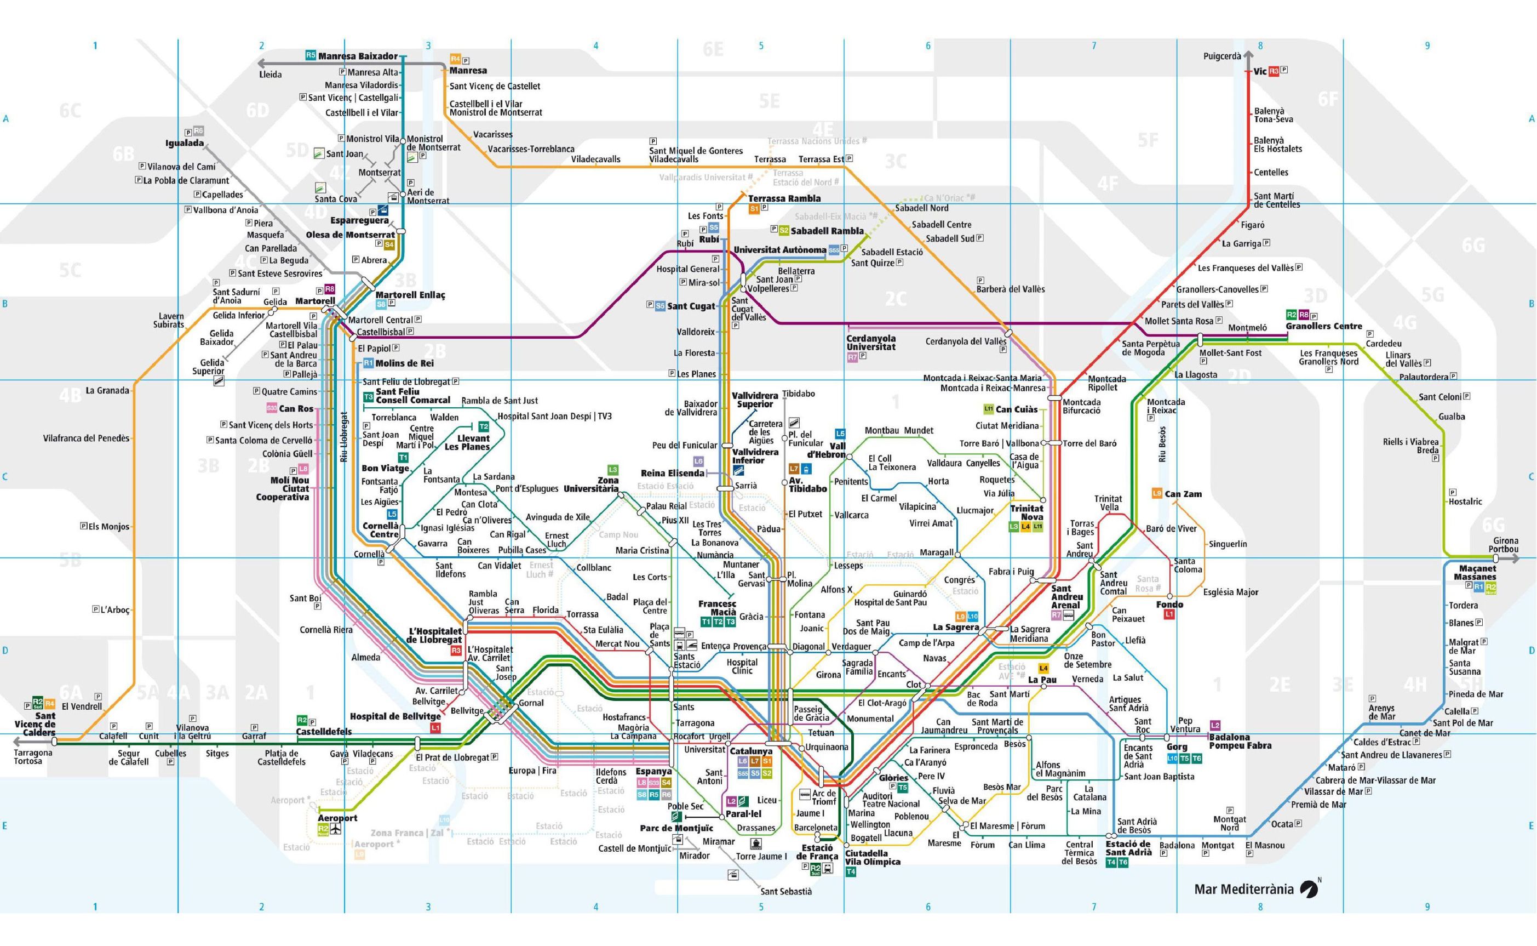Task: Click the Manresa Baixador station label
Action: click(x=358, y=56)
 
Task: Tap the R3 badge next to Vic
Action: click(x=1274, y=71)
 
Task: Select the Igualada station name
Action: click(x=185, y=143)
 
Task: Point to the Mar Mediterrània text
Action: click(x=1243, y=889)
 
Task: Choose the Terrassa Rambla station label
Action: click(x=784, y=198)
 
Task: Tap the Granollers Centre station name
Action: click(x=1324, y=326)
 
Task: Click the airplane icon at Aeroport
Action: click(x=336, y=830)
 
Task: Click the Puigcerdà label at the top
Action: click(x=1222, y=56)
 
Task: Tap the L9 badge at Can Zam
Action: click(x=1157, y=494)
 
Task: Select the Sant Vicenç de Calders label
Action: click(x=36, y=724)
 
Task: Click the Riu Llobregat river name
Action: click(x=344, y=437)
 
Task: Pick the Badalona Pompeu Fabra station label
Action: click(x=1240, y=742)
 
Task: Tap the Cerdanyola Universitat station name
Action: click(x=870, y=343)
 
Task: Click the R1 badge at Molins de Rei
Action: click(x=368, y=363)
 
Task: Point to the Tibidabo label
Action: click(x=799, y=394)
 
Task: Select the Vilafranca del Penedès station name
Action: click(x=87, y=438)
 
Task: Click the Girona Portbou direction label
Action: click(x=1505, y=545)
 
